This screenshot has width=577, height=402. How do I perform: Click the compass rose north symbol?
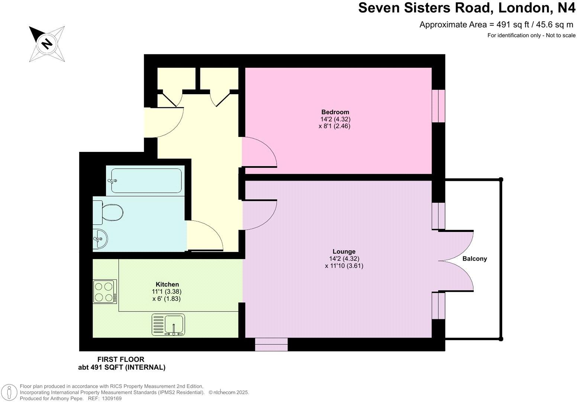click(47, 44)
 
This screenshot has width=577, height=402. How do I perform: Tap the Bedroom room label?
click(335, 112)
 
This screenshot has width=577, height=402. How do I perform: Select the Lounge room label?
click(344, 252)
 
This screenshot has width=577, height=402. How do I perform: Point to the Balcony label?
click(474, 259)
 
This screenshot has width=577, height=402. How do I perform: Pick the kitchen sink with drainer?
click(168, 325)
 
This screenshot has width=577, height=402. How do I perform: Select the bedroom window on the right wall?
click(438, 106)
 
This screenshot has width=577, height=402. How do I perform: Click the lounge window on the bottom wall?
click(271, 344)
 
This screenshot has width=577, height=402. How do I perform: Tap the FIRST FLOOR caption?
click(120, 359)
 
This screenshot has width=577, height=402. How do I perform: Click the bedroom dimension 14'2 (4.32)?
click(335, 119)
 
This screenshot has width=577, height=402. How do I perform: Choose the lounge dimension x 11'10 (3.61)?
click(344, 266)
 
